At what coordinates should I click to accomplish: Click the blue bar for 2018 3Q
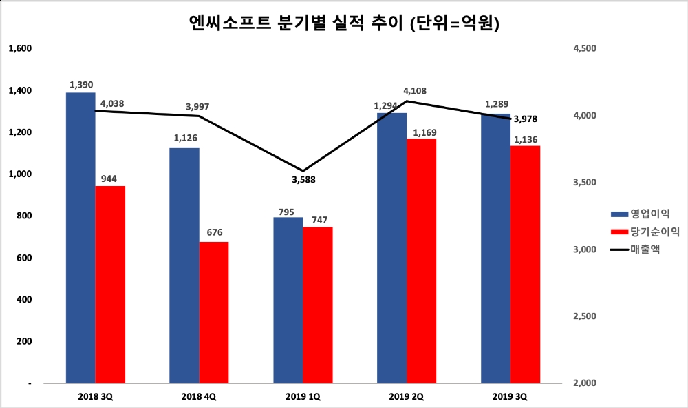[x=80, y=238]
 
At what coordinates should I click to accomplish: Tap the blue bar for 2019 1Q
[x=288, y=300]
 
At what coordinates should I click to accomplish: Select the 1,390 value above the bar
[x=80, y=84]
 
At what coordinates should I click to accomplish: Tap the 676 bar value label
[x=214, y=232]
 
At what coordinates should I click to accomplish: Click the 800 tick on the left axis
[x=24, y=216]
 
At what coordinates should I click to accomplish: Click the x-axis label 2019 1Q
[x=303, y=396]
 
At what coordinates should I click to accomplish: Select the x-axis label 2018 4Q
[x=199, y=396]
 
